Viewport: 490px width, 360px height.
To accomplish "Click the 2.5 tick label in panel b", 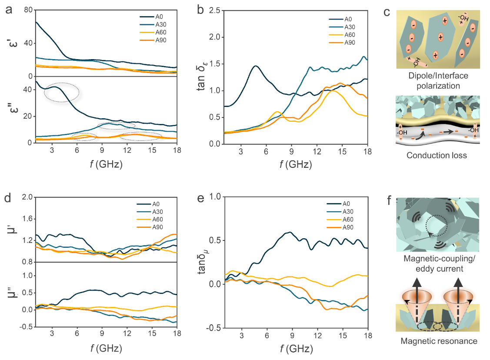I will pyautogui.click(x=214, y=10).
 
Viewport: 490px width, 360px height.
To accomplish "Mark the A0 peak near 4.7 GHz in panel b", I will pyautogui.click(x=256, y=66).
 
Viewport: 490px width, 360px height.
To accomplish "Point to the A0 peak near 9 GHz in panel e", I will pyautogui.click(x=289, y=232).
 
